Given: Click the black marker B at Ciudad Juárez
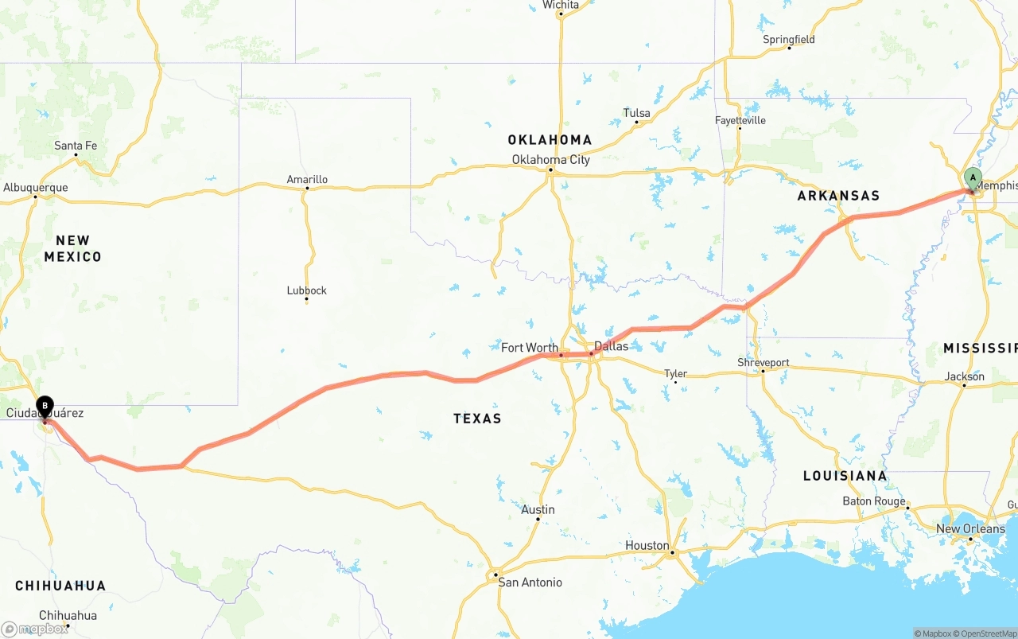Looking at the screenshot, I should point(45,406).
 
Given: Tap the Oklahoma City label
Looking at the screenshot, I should point(550,160).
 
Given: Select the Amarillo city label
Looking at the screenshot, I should point(307,180).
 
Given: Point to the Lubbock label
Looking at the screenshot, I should point(306,290).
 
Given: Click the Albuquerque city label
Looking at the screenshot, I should point(36,188).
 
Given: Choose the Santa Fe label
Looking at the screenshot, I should point(76,146).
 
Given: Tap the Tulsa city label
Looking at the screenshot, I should point(636,113).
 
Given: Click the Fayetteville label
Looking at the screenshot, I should point(740,120).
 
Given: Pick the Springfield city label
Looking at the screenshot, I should point(788,40).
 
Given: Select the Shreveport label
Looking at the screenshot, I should point(763,363).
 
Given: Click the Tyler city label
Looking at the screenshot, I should point(675,373).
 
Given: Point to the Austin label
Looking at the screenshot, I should point(538,509).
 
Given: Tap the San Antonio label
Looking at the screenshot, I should point(530,583).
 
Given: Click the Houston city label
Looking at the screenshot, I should point(647,545).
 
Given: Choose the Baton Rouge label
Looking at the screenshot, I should point(873,501).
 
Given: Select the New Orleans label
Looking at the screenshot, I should point(970,528).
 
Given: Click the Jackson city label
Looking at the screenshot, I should point(964,376).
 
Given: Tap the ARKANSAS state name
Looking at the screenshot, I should point(838,196).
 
